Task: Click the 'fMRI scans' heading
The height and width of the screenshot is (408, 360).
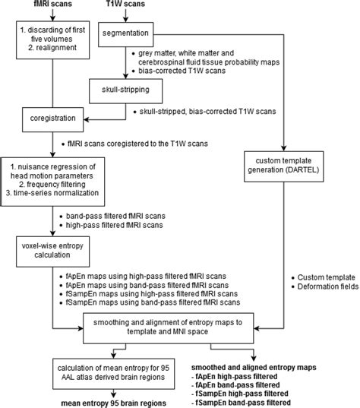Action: tap(51, 5)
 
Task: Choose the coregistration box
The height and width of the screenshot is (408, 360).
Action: tap(52, 119)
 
